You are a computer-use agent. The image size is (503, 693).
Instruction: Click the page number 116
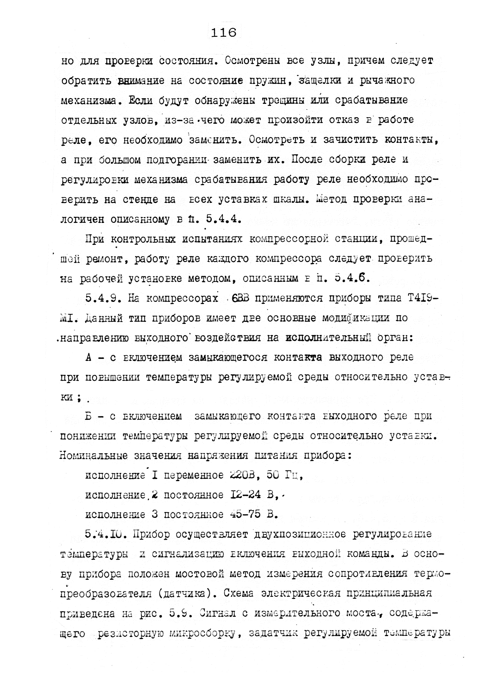223,32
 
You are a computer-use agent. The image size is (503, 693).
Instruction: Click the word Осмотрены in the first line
253,61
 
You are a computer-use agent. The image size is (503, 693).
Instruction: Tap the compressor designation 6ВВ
241,298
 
